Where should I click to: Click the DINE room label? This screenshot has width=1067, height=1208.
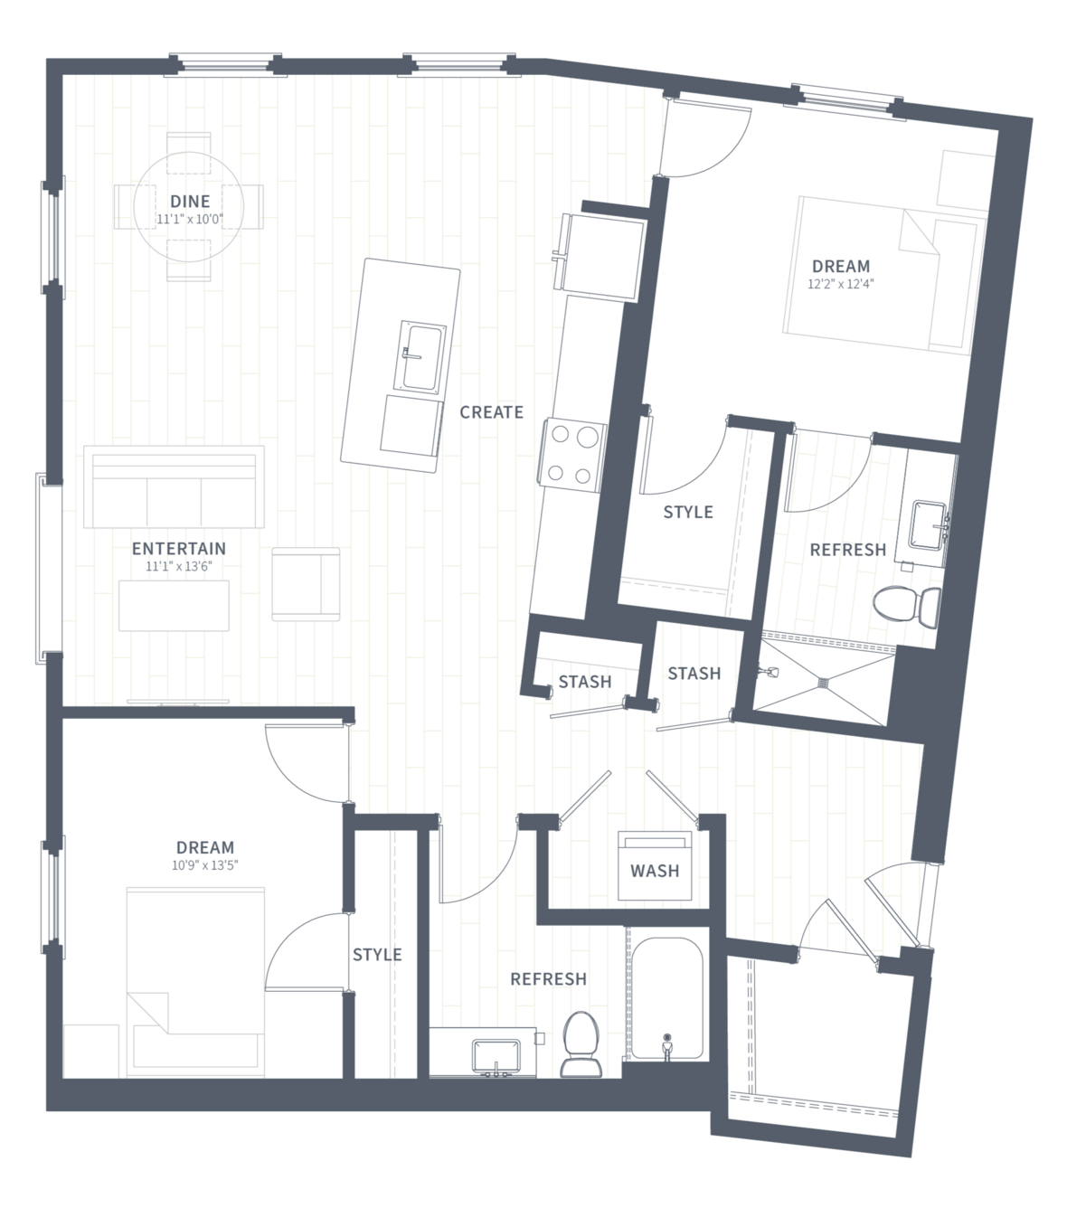190,202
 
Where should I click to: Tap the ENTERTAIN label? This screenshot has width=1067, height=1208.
179,549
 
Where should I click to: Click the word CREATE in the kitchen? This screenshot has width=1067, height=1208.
491,412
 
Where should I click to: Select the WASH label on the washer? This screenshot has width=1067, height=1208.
655,871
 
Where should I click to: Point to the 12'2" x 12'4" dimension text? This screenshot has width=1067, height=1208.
840,285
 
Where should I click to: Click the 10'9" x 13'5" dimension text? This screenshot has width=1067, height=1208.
205,865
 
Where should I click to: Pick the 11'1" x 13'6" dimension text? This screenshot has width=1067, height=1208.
179,566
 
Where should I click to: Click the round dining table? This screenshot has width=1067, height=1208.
188,206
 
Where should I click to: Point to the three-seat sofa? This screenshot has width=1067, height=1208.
174,486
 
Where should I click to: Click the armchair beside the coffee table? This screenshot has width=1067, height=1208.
306,584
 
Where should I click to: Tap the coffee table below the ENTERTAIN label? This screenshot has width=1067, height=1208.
174,605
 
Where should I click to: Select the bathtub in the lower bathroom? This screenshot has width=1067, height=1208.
666,1000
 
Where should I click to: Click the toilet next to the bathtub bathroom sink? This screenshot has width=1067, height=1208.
581,1044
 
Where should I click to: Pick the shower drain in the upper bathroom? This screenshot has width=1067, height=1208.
823,680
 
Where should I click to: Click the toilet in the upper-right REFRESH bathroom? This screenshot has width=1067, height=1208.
907,605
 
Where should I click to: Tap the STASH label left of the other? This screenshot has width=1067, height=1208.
585,682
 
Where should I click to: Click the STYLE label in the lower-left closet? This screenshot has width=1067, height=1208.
377,955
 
